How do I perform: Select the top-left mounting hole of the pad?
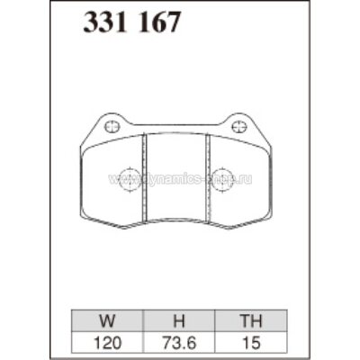112,126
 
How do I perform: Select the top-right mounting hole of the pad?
239,126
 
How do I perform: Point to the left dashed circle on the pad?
128,176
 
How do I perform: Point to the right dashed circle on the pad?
224,176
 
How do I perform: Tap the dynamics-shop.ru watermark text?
180,179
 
